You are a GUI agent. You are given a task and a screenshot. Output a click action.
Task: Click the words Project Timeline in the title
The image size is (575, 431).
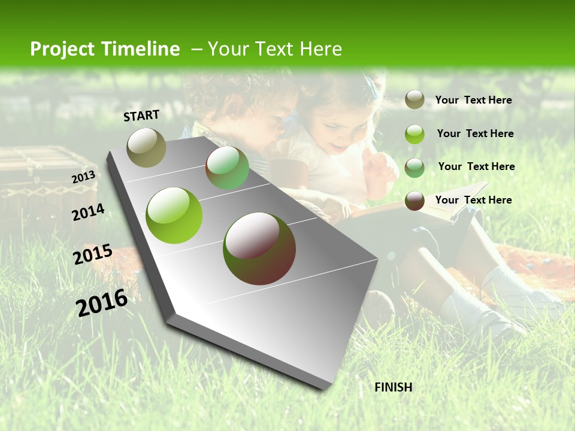click(105, 49)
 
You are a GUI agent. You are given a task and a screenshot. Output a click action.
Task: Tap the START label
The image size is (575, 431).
click(141, 116)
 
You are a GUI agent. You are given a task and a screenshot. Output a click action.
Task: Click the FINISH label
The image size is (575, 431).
click(393, 387)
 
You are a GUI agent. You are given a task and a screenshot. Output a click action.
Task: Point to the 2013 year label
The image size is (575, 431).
click(83, 177)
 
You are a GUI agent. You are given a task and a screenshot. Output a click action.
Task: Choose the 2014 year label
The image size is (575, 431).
click(88, 212)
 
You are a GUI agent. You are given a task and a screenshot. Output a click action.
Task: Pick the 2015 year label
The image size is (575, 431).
click(92, 254)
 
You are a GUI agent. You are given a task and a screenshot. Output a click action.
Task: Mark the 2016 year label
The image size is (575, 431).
click(102, 303)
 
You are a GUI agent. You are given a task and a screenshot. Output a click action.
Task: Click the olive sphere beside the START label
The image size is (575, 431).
click(147, 147)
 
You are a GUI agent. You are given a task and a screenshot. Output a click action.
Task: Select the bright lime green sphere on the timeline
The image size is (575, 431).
click(174, 215)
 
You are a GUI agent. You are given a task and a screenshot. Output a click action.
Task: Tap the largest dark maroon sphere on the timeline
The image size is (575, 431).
click(259, 248)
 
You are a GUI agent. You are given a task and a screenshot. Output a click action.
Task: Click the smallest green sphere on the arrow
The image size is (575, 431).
click(227, 168)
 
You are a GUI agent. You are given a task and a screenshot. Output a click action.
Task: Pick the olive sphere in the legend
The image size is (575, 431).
click(414, 100)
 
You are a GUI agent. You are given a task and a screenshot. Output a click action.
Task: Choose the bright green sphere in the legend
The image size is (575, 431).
click(414, 134)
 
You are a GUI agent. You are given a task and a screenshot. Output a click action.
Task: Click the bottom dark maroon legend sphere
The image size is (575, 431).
click(414, 201)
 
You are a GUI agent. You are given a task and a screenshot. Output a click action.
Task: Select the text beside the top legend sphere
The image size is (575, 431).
click(473, 100)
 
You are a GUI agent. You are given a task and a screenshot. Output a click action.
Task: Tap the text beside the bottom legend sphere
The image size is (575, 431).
click(473, 200)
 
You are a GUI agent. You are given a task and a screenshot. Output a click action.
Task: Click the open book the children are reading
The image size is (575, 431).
click(413, 207)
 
